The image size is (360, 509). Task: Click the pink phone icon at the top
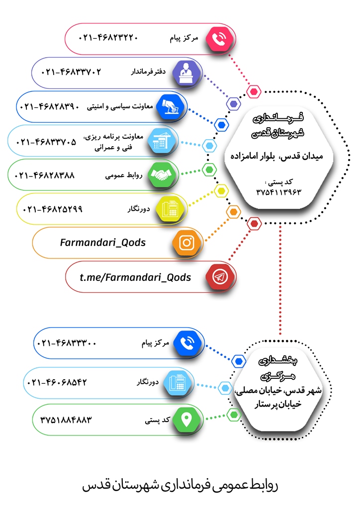pyautogui.click(x=220, y=39)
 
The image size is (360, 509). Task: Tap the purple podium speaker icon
pyautogui.click(x=186, y=73)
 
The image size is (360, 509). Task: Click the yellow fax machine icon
pyautogui.click(x=170, y=209)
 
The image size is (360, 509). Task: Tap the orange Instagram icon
pyautogui.click(x=186, y=243)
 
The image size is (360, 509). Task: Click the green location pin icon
pyautogui.click(x=186, y=420)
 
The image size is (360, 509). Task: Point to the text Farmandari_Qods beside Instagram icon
pyautogui.click(x=102, y=243)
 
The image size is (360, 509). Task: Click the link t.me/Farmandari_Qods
pyautogui.click(x=135, y=277)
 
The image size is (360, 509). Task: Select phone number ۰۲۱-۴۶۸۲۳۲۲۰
pyautogui.click(x=108, y=38)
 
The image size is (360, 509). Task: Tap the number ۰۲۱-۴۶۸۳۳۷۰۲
pyautogui.click(x=71, y=72)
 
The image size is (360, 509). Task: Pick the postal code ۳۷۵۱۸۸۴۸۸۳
pyautogui.click(x=66, y=420)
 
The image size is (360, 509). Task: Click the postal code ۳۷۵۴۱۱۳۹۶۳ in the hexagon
pyautogui.click(x=278, y=192)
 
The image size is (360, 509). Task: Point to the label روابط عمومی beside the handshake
pyautogui.click(x=124, y=175)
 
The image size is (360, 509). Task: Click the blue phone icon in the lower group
pyautogui.click(x=187, y=343)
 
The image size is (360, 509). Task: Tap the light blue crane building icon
pyautogui.click(x=161, y=141)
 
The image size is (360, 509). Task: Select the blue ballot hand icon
pyautogui.click(x=170, y=107)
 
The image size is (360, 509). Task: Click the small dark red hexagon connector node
pyautogui.click(x=254, y=224)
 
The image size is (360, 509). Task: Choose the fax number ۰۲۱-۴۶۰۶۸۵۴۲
pyautogui.click(x=57, y=382)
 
